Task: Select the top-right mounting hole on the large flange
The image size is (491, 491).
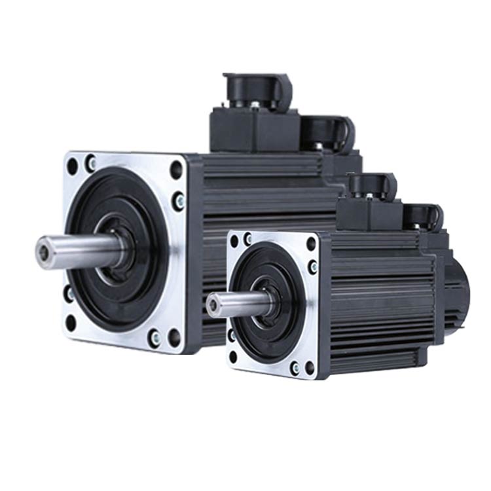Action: (176, 169)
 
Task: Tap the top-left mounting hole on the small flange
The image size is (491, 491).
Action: (235, 240)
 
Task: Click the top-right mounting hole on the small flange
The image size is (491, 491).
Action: (311, 244)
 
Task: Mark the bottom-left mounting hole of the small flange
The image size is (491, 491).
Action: (234, 357)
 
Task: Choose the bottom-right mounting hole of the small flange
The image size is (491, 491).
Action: (310, 367)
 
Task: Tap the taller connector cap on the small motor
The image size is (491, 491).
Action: (372, 186)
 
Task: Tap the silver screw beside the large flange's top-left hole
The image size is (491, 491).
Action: (90, 162)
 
